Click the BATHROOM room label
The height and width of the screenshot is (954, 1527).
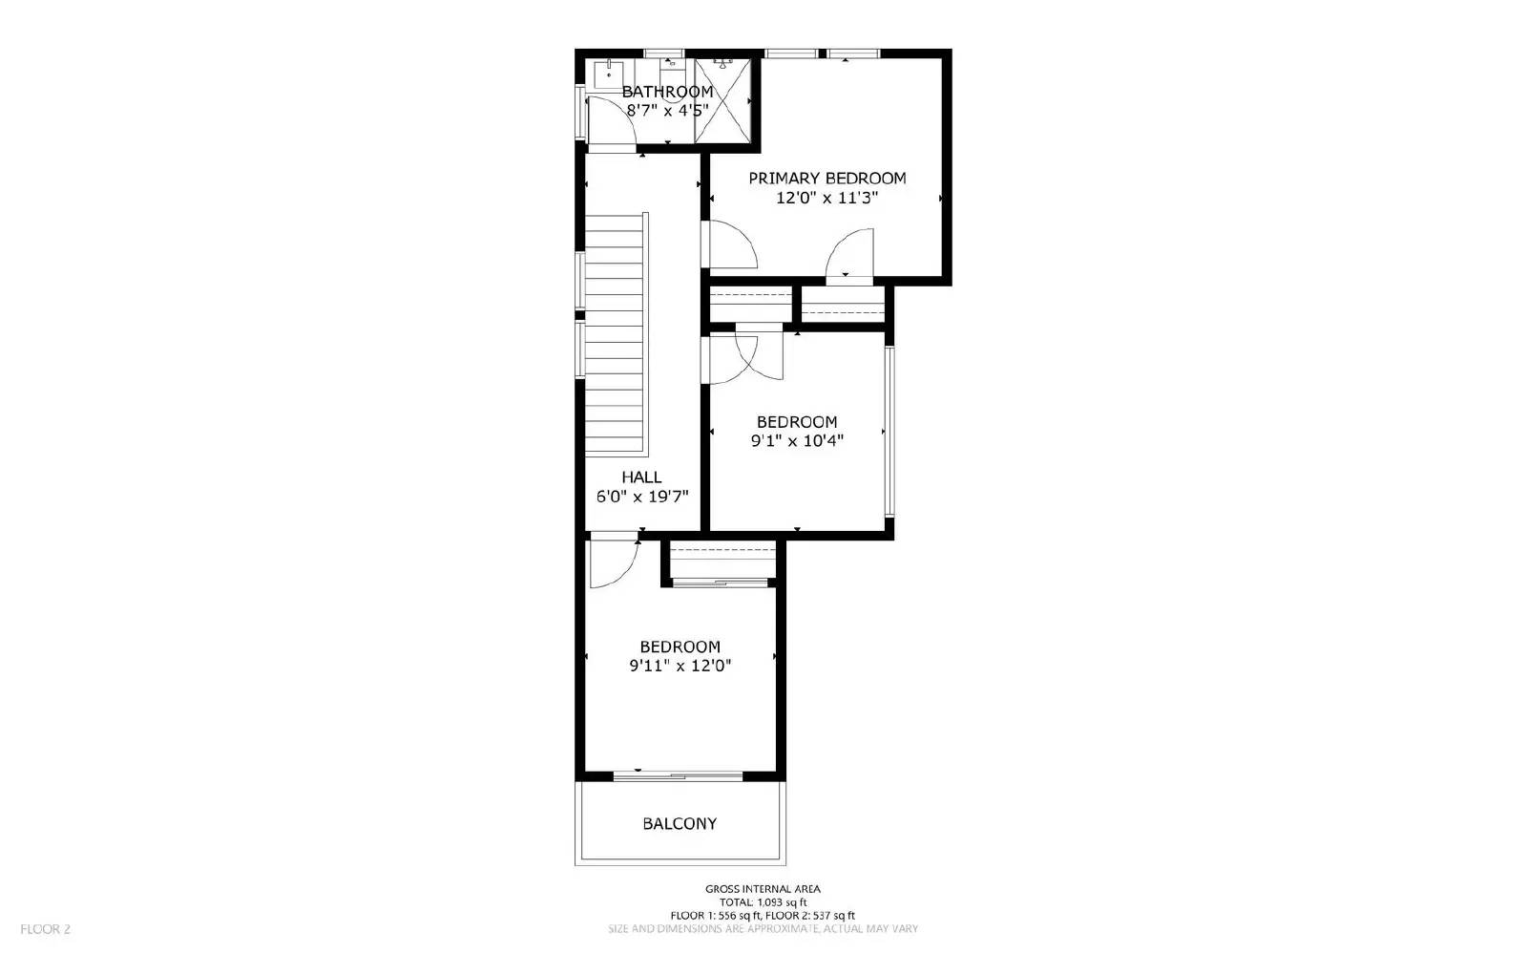coord(667,92)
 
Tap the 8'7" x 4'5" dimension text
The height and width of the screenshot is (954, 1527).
coord(667,110)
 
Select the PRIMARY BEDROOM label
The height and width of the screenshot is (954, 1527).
coord(826,179)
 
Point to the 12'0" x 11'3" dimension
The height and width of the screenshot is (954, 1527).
coord(826,199)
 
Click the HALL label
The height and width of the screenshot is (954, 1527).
coord(641,477)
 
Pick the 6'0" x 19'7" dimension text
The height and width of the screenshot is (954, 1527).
coord(641,497)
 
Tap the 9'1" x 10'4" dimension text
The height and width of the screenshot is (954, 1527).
coord(797,441)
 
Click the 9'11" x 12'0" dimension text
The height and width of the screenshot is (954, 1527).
coord(680,667)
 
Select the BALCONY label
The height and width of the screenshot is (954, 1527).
coord(680,823)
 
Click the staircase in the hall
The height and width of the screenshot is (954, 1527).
coord(616,334)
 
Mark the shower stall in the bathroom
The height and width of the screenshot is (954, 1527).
coord(722,99)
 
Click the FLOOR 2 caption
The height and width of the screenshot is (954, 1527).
coord(45,928)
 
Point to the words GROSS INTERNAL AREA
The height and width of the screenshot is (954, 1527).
coord(763,889)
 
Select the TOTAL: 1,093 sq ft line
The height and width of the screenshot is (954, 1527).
coord(763,902)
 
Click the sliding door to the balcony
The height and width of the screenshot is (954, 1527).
coord(678,775)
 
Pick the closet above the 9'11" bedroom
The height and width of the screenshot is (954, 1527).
coord(721,561)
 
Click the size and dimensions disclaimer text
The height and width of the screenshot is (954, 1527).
coord(763,928)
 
